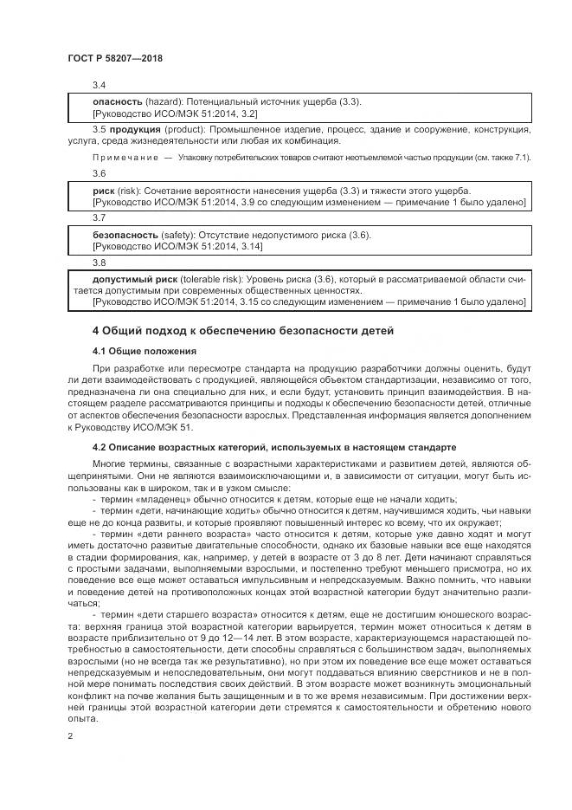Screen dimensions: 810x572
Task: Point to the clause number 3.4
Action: point(99,85)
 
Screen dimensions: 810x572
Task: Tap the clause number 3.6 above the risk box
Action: point(99,173)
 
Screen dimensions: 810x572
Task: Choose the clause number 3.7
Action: point(99,217)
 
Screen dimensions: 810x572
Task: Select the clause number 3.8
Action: point(99,262)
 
